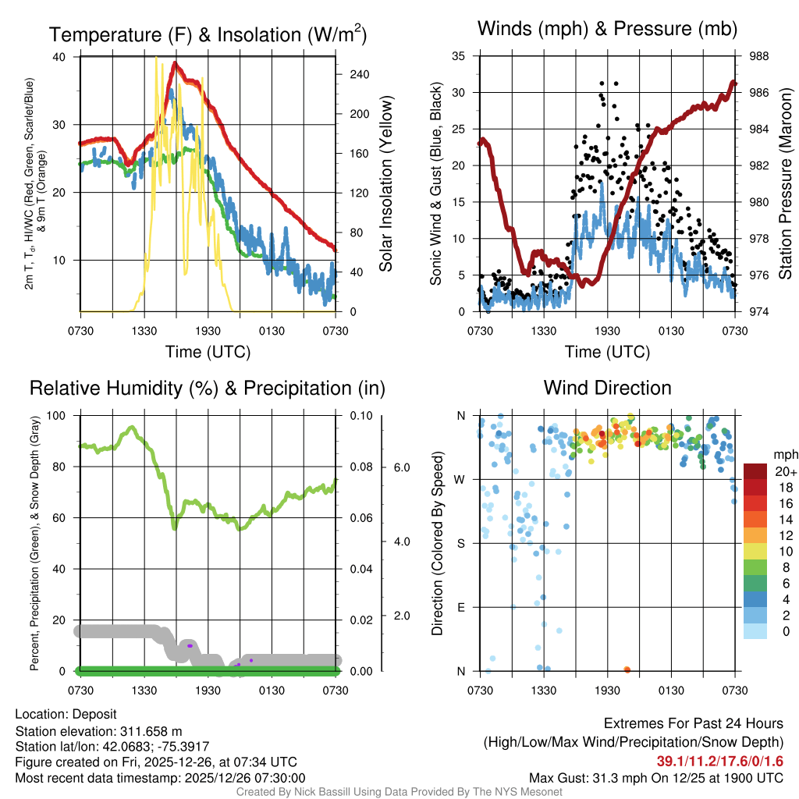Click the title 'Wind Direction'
click(607, 388)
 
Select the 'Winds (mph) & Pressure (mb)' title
click(607, 30)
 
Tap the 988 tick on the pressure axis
click(758, 57)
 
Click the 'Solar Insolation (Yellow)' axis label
click(385, 184)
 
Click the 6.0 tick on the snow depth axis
click(402, 467)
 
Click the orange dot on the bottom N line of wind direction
click(627, 669)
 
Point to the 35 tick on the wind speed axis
click(459, 56)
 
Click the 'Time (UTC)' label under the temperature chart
click(208, 352)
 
